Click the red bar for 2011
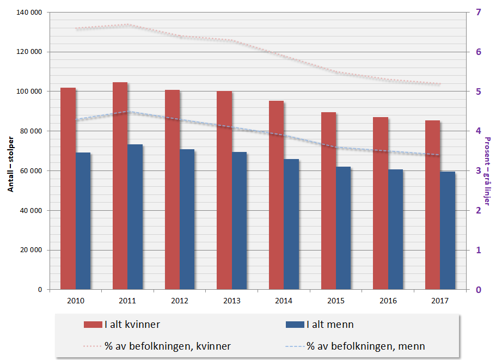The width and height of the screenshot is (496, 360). click(120, 186)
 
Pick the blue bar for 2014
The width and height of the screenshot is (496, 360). click(291, 224)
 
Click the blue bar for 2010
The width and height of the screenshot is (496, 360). click(83, 221)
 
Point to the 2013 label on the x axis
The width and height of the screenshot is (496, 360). click(231, 301)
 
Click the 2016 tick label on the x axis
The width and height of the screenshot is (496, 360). click(388, 301)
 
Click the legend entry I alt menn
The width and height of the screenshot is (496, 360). click(329, 325)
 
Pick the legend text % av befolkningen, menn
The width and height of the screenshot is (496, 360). click(365, 346)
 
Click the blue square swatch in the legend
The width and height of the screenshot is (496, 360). click(294, 325)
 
